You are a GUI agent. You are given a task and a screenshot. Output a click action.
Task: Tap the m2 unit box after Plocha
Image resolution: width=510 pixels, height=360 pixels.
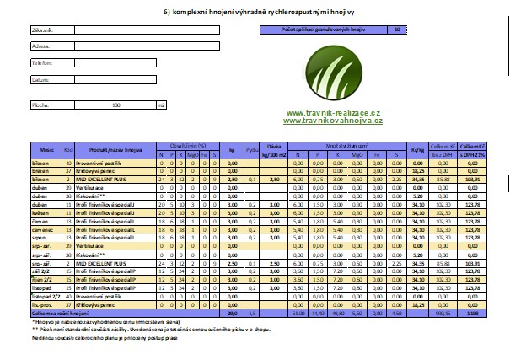tap(161, 105)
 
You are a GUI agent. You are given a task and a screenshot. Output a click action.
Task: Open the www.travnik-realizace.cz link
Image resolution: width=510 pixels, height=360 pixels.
tap(333, 112)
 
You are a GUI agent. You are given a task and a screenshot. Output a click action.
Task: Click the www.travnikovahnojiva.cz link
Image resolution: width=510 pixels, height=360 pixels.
tap(333, 121)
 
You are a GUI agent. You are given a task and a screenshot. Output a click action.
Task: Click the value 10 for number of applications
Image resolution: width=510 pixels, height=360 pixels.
tap(396, 30)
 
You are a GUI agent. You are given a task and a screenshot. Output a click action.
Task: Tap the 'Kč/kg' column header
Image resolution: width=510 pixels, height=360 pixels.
tap(415, 148)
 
